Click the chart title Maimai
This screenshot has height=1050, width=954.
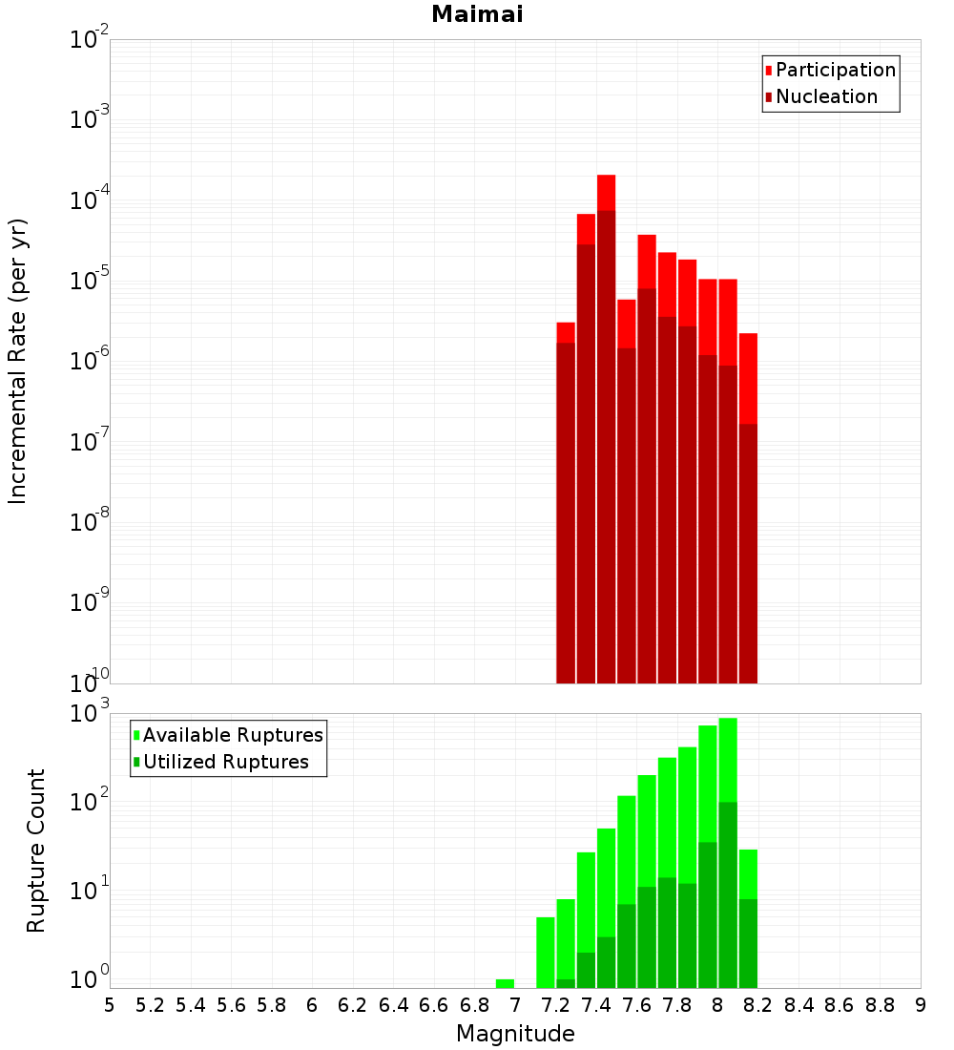pos(477,14)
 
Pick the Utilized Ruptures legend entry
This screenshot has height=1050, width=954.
pos(225,762)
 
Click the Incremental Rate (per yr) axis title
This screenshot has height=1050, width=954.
pos(18,361)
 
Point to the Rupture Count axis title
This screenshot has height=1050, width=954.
pos(36,850)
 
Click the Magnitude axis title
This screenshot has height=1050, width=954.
pos(515,1034)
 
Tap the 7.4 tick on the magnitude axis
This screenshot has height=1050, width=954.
pos(596,1005)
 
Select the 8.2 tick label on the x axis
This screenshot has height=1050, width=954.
pos(758,1005)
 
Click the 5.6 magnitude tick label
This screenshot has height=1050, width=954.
pos(231,1005)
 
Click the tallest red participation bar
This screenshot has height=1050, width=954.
pos(606,192)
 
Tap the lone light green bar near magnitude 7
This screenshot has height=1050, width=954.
pos(505,983)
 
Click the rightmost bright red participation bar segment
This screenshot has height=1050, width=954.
pos(748,377)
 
